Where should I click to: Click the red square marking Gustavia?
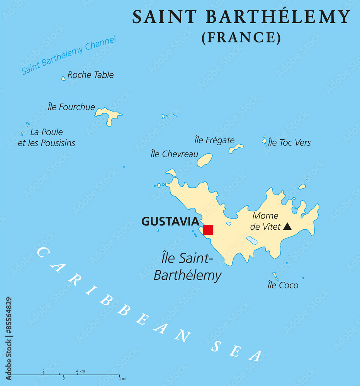(208, 230)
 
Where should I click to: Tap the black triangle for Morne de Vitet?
(287, 226)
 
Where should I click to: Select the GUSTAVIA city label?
(170, 221)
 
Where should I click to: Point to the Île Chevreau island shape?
(205, 160)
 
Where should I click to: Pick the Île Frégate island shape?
(236, 148)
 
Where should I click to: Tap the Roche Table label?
(90, 75)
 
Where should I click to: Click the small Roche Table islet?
(64, 78)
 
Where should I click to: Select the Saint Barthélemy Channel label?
(68, 55)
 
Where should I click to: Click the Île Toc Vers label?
(289, 142)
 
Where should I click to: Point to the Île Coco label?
(283, 285)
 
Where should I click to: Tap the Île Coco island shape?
(275, 276)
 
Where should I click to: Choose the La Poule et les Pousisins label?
(47, 137)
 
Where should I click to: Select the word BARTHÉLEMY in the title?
(278, 17)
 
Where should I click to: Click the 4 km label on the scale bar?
(80, 371)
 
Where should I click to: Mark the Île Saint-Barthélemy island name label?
(188, 266)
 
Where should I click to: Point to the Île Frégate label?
(214, 140)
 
